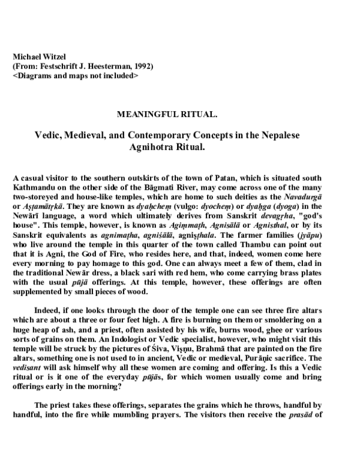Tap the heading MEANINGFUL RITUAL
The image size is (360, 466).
179,113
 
